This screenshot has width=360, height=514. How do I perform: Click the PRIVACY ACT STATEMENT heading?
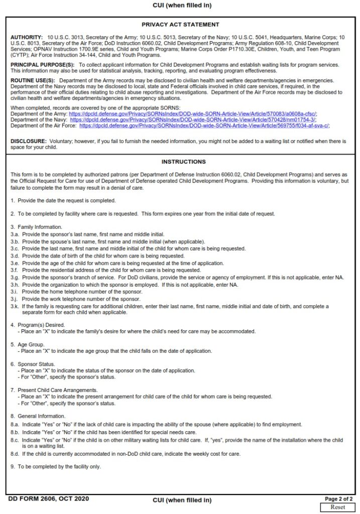(180, 24)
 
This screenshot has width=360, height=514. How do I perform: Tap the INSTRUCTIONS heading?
(180, 162)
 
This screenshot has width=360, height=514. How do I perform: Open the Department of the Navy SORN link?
(193, 120)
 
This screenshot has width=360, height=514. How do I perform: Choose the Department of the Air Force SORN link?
(204, 126)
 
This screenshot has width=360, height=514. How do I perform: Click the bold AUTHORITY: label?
(27, 38)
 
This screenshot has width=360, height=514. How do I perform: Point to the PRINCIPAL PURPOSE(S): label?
(42, 65)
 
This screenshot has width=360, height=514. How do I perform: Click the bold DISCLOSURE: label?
(29, 142)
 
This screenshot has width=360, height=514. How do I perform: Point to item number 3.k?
(15, 306)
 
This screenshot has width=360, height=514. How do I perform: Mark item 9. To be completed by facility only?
(56, 466)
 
